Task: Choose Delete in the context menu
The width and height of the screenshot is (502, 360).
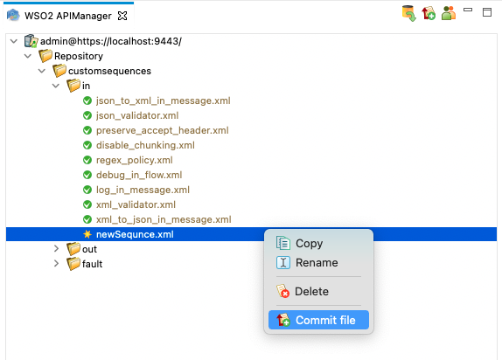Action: point(311,292)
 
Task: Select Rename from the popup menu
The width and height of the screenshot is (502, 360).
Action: point(317,263)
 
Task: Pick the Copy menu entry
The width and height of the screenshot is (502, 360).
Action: point(310,244)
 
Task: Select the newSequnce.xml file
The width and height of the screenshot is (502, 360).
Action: point(135,234)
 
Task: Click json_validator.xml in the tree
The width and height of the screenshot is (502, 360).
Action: point(137,115)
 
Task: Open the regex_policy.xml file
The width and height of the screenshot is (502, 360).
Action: point(135,160)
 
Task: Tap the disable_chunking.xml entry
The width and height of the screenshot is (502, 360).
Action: point(145,145)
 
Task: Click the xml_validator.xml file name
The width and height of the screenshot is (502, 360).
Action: point(136,204)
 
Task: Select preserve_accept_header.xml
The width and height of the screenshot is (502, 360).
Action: point(163,130)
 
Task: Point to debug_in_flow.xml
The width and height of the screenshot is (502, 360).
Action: point(139,175)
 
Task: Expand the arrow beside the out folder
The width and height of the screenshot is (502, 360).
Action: point(56,249)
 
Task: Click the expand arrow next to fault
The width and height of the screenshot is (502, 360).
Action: point(56,263)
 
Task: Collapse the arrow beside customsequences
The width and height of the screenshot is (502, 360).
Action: point(42,71)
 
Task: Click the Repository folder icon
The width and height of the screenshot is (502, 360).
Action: point(45,56)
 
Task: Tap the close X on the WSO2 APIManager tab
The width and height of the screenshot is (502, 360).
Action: point(122,16)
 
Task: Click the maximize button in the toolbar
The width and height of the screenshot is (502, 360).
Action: point(487,12)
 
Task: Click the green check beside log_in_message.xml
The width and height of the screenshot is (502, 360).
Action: point(87,190)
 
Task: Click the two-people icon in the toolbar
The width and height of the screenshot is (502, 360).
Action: point(448,13)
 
